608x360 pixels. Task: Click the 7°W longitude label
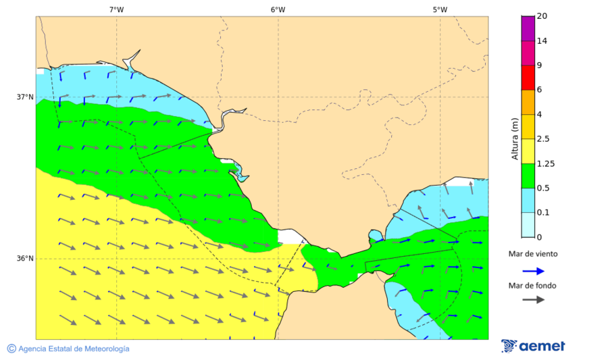116,9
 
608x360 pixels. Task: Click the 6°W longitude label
278,9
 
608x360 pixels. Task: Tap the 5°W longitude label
440,9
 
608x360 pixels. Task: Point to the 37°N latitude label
25,97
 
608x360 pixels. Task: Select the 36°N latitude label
25,258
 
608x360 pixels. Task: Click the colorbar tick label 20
541,16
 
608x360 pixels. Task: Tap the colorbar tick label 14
541,41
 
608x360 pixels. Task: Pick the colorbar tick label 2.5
542,139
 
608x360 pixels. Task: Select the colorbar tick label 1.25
544,163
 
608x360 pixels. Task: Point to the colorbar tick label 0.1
542,213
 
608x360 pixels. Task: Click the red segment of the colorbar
528,78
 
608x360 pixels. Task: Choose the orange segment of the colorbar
528,102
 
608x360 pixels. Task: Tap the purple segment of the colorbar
528,28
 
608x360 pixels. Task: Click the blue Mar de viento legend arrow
533,271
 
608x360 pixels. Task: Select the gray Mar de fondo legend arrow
533,299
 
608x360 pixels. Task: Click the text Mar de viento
533,254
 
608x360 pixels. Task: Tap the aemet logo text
542,346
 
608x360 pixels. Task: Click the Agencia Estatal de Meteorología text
74,349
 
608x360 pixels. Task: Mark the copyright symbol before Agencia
11,349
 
